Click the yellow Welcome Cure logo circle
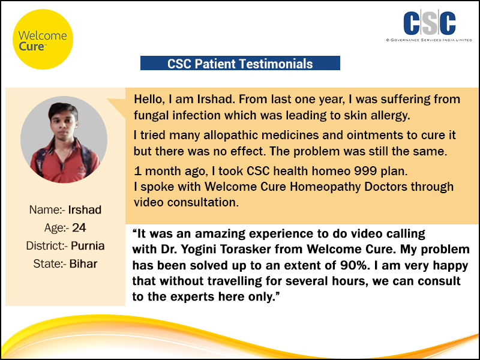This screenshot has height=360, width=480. click(x=43, y=39)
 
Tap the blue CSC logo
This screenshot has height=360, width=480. click(x=430, y=23)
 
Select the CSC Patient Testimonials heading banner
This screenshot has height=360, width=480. click(x=240, y=63)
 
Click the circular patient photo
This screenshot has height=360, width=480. click(x=64, y=140)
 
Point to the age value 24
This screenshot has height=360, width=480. click(x=79, y=228)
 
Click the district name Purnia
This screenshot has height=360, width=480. click(x=88, y=246)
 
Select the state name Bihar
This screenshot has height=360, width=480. click(x=83, y=264)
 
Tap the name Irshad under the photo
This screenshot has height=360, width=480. click(x=85, y=209)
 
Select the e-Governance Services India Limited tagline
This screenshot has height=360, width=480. click(x=429, y=40)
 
